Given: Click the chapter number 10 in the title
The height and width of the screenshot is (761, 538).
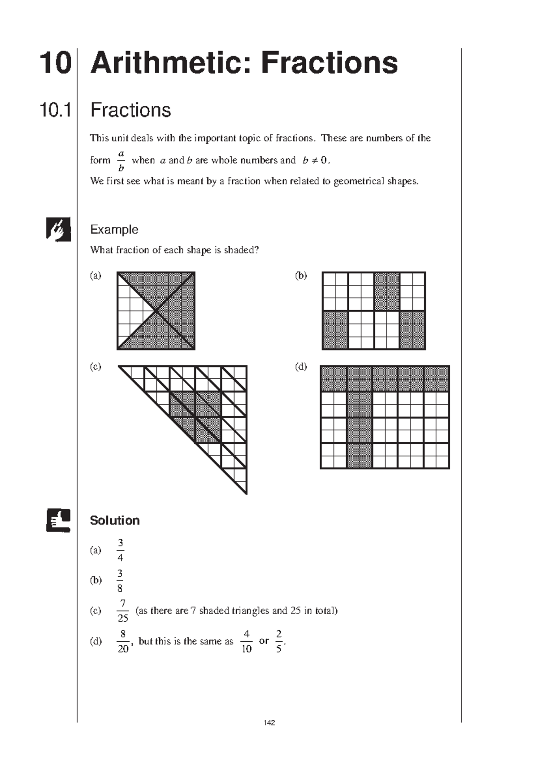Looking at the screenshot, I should (x=55, y=63).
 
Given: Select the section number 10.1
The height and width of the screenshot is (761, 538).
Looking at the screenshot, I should (x=56, y=110).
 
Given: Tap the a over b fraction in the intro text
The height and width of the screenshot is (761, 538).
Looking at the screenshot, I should (x=121, y=161).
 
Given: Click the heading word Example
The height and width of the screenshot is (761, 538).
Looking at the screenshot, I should (x=114, y=229).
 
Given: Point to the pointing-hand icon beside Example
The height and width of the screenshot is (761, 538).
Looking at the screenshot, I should (x=58, y=229).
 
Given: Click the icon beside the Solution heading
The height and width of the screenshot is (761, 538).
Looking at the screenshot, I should (x=58, y=520).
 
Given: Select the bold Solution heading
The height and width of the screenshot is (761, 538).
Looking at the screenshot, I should (x=114, y=520).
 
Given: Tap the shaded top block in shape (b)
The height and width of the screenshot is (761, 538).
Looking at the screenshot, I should (x=386, y=291).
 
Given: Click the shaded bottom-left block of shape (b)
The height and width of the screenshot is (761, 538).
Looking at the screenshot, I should (x=335, y=330).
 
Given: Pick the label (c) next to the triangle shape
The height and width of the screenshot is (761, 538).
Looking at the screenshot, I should (x=95, y=367).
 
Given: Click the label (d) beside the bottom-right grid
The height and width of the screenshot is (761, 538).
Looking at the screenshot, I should (x=301, y=367).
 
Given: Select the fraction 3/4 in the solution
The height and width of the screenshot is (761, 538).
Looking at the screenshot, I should (x=120, y=550).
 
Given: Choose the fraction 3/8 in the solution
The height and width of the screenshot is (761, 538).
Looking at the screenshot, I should (x=120, y=581).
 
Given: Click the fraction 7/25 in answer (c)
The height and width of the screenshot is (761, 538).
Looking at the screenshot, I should (x=122, y=611).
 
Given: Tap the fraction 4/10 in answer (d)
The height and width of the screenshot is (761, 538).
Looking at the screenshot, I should (x=247, y=641).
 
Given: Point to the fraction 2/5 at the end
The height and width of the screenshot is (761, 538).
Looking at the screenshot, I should (x=279, y=641).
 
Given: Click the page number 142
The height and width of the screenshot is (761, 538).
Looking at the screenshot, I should (x=269, y=722).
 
